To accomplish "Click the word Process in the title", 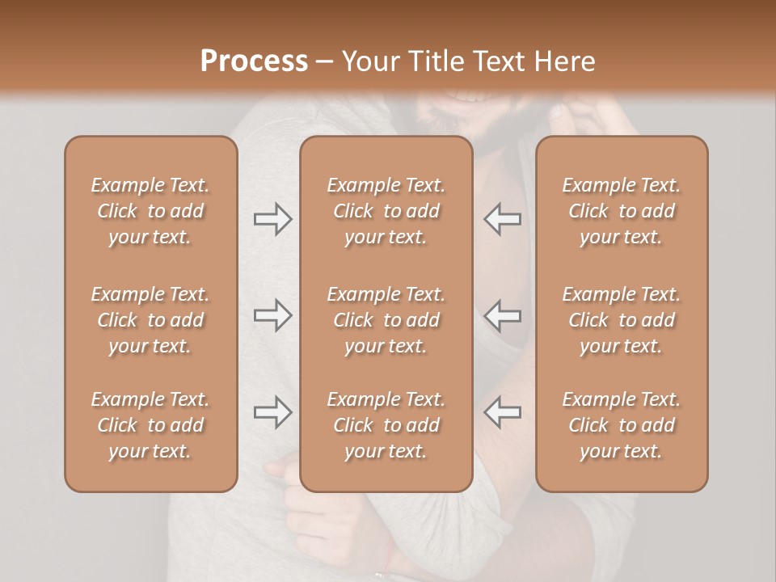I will point(254,61).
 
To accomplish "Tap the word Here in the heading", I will point(565,61).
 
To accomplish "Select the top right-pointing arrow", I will point(272,219).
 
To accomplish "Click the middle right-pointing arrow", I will point(272,315).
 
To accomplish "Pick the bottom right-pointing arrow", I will point(272,412).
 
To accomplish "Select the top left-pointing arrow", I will point(503,219).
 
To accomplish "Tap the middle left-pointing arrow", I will point(503,315).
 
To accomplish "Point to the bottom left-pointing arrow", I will point(503,412).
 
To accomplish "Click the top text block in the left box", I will point(150,211).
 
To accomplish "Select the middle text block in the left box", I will point(150,320).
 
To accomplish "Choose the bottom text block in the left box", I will point(150,425).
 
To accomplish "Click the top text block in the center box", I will point(386,211).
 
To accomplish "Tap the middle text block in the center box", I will point(386,320).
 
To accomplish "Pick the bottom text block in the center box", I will point(386,425).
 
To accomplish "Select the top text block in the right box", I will point(622,211).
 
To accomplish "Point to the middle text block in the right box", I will point(622,320).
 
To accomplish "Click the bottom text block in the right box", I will point(622,425).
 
